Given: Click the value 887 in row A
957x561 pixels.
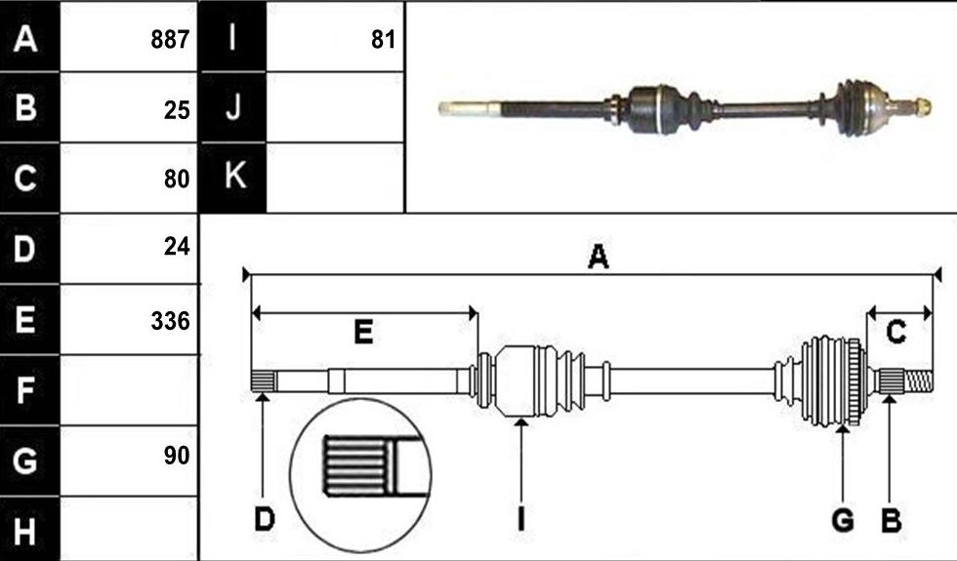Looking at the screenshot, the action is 170,40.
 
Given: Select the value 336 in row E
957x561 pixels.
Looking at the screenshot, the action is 170,321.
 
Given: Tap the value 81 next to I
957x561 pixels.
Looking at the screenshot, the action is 383,40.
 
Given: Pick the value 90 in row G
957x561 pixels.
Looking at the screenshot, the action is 177,455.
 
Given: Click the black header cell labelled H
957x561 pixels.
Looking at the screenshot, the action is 30,529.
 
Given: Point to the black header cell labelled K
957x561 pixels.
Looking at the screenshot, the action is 233,178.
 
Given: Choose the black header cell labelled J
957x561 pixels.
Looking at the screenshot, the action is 233,107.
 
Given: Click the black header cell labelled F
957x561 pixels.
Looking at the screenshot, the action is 30,390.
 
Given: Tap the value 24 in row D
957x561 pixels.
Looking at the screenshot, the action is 177,246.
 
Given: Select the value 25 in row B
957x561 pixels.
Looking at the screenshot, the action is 177,109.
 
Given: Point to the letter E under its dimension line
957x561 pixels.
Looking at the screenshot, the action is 363,333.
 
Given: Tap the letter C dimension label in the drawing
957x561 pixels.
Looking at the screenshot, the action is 896,333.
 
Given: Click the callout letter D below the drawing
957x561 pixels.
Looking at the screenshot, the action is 265,520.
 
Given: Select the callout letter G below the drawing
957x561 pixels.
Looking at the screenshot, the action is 843,520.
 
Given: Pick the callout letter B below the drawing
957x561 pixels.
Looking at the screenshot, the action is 891,520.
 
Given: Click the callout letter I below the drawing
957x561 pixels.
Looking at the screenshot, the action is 520,520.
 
